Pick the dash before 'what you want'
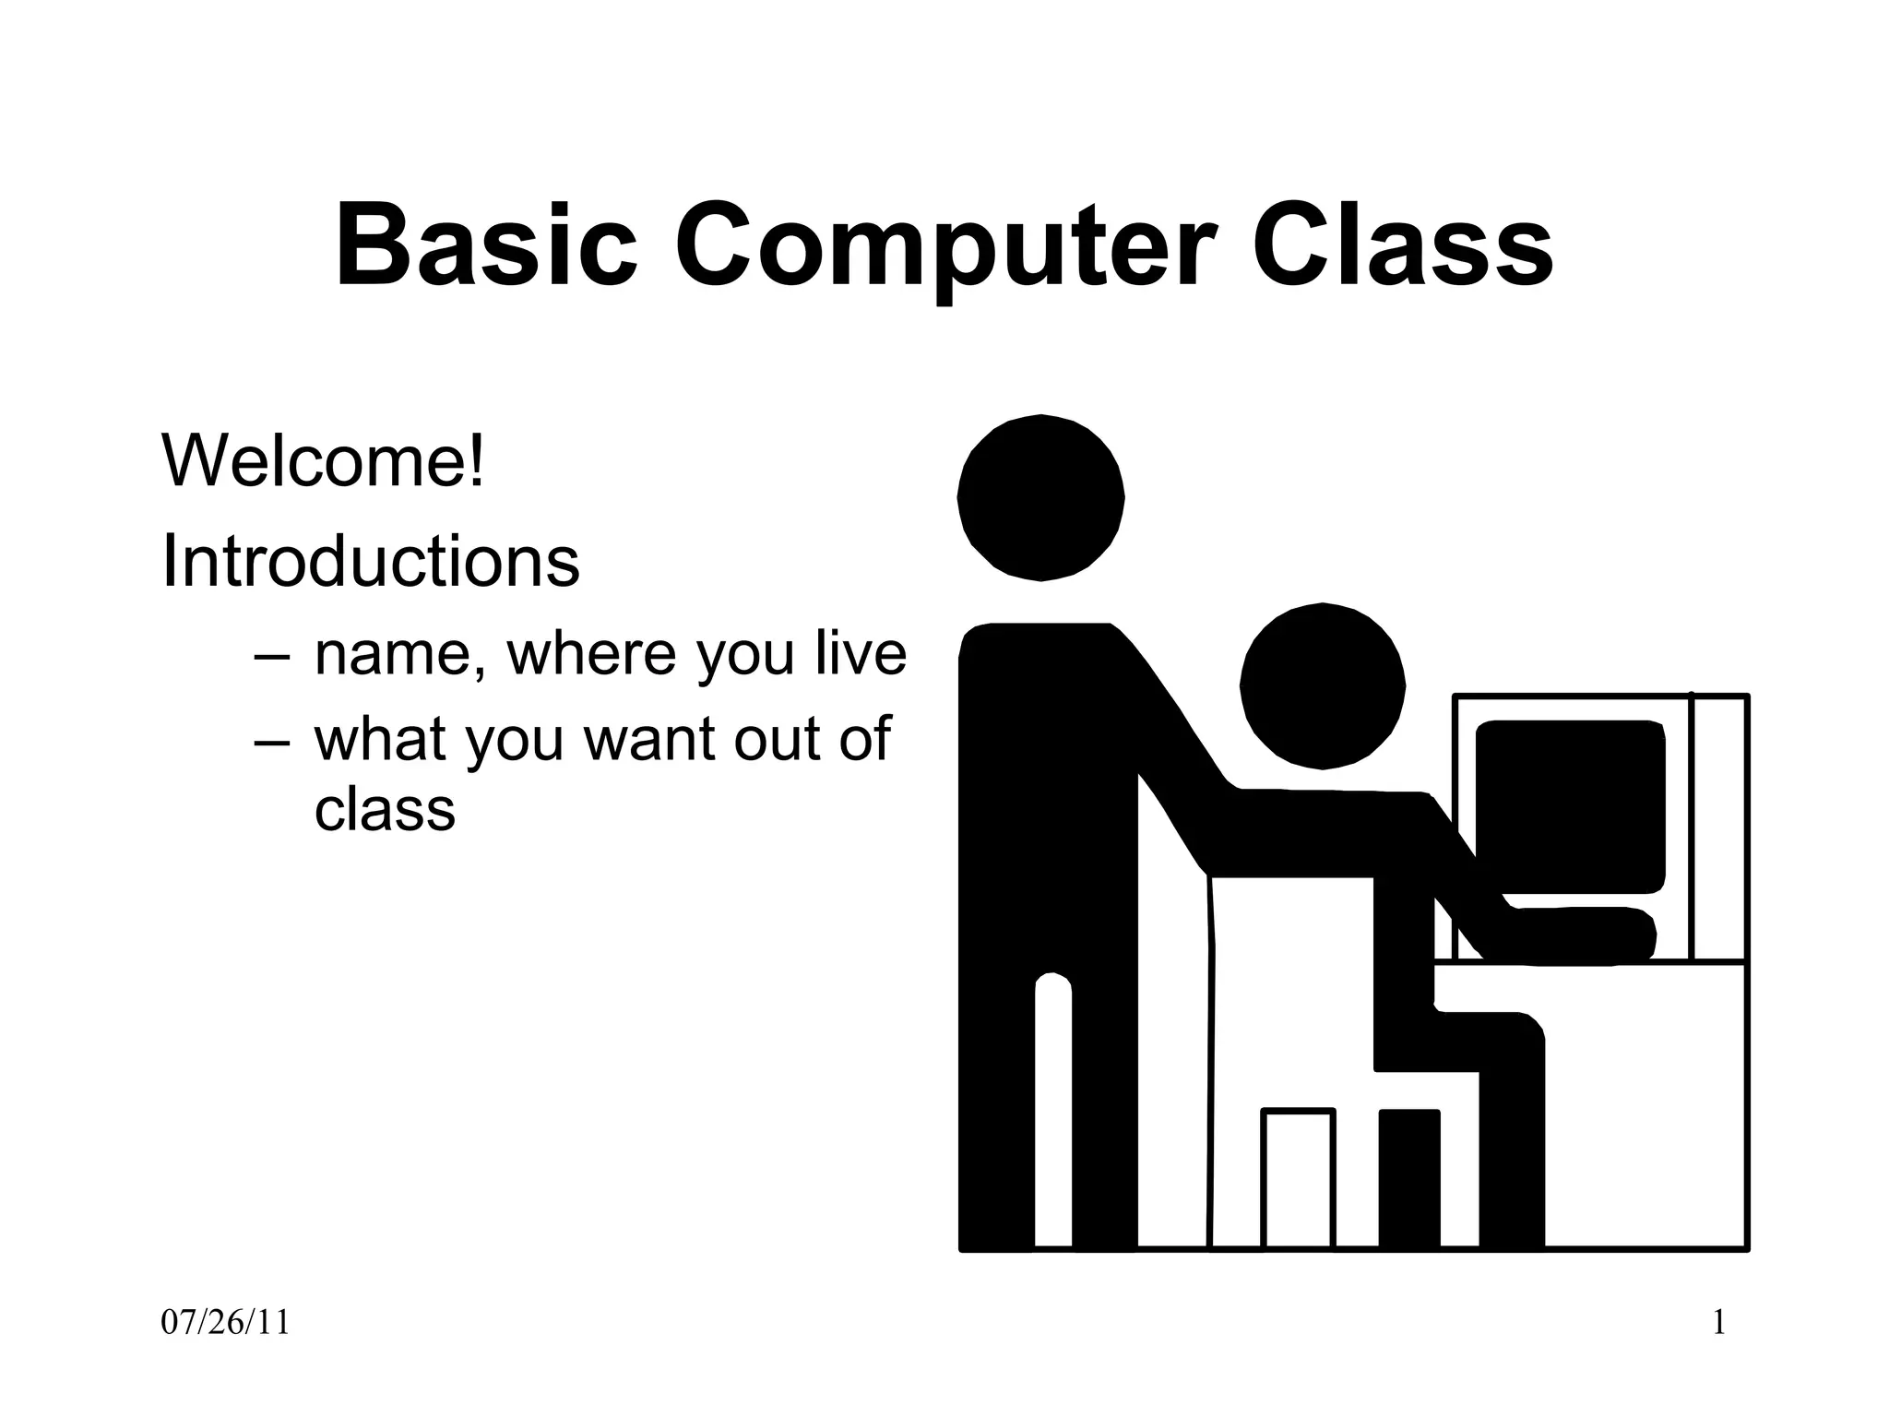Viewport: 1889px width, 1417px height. (x=272, y=741)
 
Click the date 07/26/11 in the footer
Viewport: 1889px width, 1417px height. (x=225, y=1323)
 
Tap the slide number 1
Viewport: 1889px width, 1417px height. (x=1718, y=1323)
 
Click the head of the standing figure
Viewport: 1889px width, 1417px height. (x=1040, y=498)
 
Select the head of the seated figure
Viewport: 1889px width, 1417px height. (x=1322, y=686)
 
